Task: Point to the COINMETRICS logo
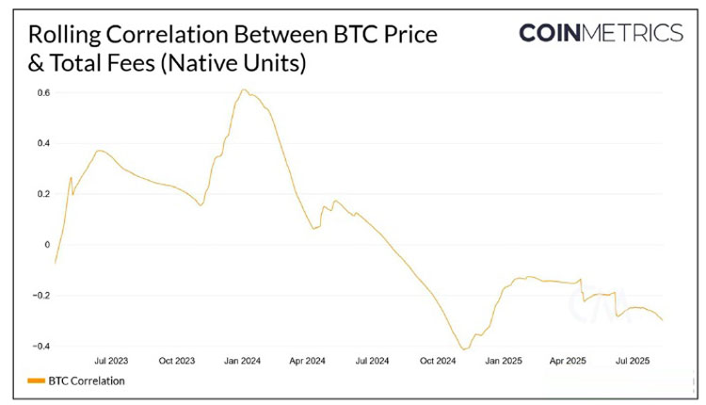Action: pyautogui.click(x=601, y=34)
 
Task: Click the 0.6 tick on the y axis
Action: pyautogui.click(x=43, y=92)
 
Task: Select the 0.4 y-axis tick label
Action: pyautogui.click(x=43, y=143)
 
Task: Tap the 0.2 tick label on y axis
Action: pyautogui.click(x=43, y=194)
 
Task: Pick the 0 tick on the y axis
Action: pyautogui.click(x=46, y=245)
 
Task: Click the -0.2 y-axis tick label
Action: pyautogui.click(x=41, y=296)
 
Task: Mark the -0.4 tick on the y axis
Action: pyautogui.click(x=41, y=346)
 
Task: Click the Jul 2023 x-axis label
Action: pyautogui.click(x=112, y=361)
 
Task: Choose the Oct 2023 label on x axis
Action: pyautogui.click(x=177, y=361)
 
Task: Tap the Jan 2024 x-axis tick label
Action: pyautogui.click(x=242, y=361)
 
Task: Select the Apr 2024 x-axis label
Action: pyautogui.click(x=307, y=361)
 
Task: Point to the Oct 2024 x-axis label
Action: pyautogui.click(x=438, y=361)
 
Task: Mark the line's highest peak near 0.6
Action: pyautogui.click(x=244, y=90)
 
